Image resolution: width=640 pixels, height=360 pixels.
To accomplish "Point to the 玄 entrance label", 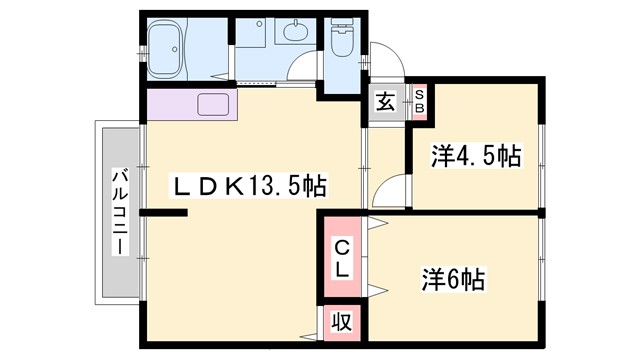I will (385, 101).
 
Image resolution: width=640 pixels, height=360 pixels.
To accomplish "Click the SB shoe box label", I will (420, 100).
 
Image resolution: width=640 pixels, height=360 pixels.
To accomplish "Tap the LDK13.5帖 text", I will (252, 186).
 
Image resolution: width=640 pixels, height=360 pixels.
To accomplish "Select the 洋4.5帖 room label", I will (476, 156).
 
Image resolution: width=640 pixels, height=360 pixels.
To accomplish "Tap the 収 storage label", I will (341, 323).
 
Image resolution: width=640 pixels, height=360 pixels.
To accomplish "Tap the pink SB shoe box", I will (420, 101).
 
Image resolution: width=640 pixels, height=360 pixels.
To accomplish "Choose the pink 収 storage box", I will (341, 323).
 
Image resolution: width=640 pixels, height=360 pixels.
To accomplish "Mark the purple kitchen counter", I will (190, 105).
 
